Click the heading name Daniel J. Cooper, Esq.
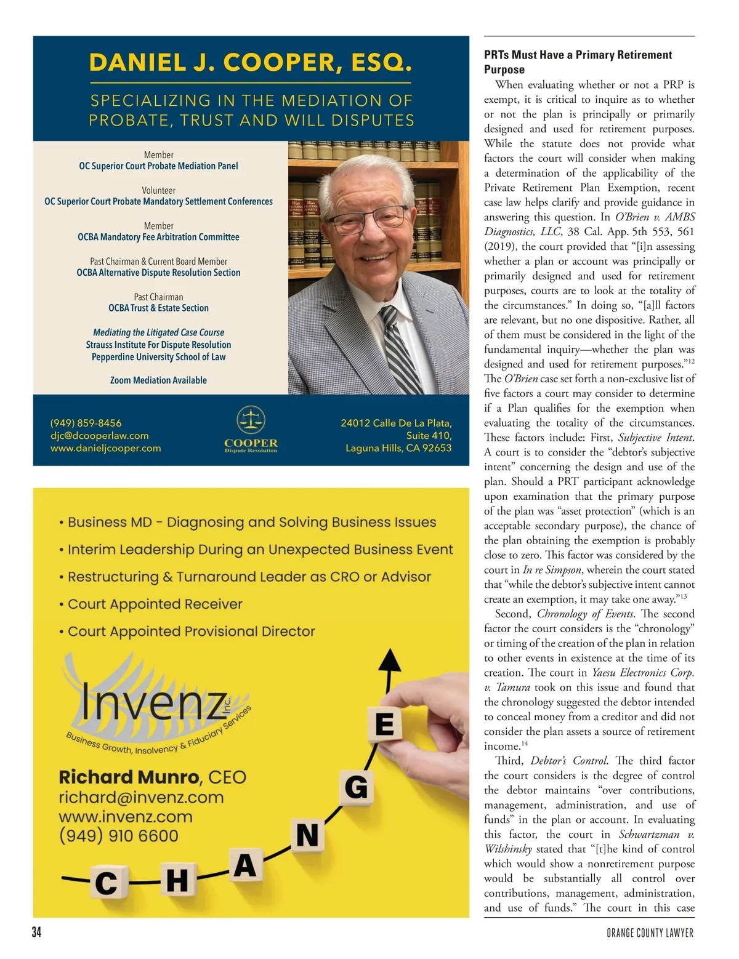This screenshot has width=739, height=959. pyautogui.click(x=250, y=63)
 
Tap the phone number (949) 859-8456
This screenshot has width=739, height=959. pyautogui.click(x=86, y=423)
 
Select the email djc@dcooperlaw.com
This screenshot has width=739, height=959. pyautogui.click(x=99, y=436)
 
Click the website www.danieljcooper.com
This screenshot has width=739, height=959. pyautogui.click(x=105, y=448)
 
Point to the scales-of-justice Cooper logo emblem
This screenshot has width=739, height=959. pyautogui.click(x=251, y=420)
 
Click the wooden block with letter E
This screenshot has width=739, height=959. pyautogui.click(x=384, y=724)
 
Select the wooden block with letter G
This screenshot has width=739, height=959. pyautogui.click(x=356, y=788)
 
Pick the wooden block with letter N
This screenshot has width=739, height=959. pyautogui.click(x=307, y=836)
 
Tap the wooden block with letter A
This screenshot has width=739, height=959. pyautogui.click(x=244, y=865)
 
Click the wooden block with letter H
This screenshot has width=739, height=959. pyautogui.click(x=177, y=880)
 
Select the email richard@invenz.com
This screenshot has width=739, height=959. pyautogui.click(x=141, y=798)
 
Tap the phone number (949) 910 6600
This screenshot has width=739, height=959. pyautogui.click(x=118, y=836)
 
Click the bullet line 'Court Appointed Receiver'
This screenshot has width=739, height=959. pyautogui.click(x=155, y=604)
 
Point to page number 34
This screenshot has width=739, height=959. pyautogui.click(x=36, y=933)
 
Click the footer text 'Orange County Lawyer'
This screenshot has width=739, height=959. pyautogui.click(x=650, y=933)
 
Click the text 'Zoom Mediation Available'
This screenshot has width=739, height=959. pyautogui.click(x=158, y=380)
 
